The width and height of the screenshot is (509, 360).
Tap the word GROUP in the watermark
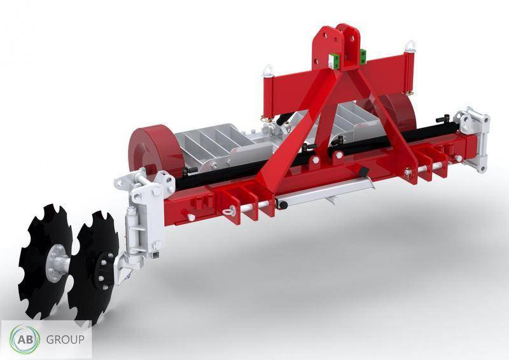coord(64,340)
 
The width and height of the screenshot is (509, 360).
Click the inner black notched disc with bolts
coord(95,264)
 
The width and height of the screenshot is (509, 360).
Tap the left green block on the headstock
coord(331,60)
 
